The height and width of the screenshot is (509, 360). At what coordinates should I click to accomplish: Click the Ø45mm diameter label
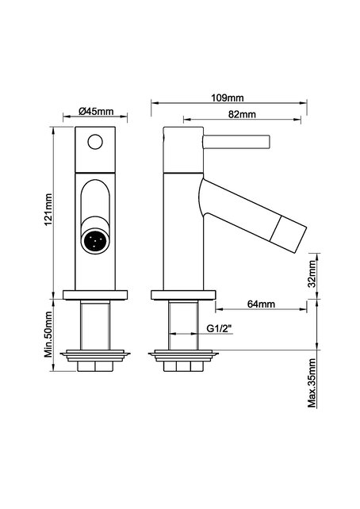[x=96, y=112]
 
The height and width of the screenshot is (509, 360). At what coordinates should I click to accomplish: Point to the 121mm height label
[x=48, y=208]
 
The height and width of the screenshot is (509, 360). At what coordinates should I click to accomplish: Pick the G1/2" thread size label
[x=219, y=327]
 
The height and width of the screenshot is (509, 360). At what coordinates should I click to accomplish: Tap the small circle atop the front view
[x=96, y=144]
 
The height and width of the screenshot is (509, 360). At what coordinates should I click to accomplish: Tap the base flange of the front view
[x=96, y=296]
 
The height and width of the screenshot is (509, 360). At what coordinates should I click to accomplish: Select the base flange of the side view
[x=182, y=296]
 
